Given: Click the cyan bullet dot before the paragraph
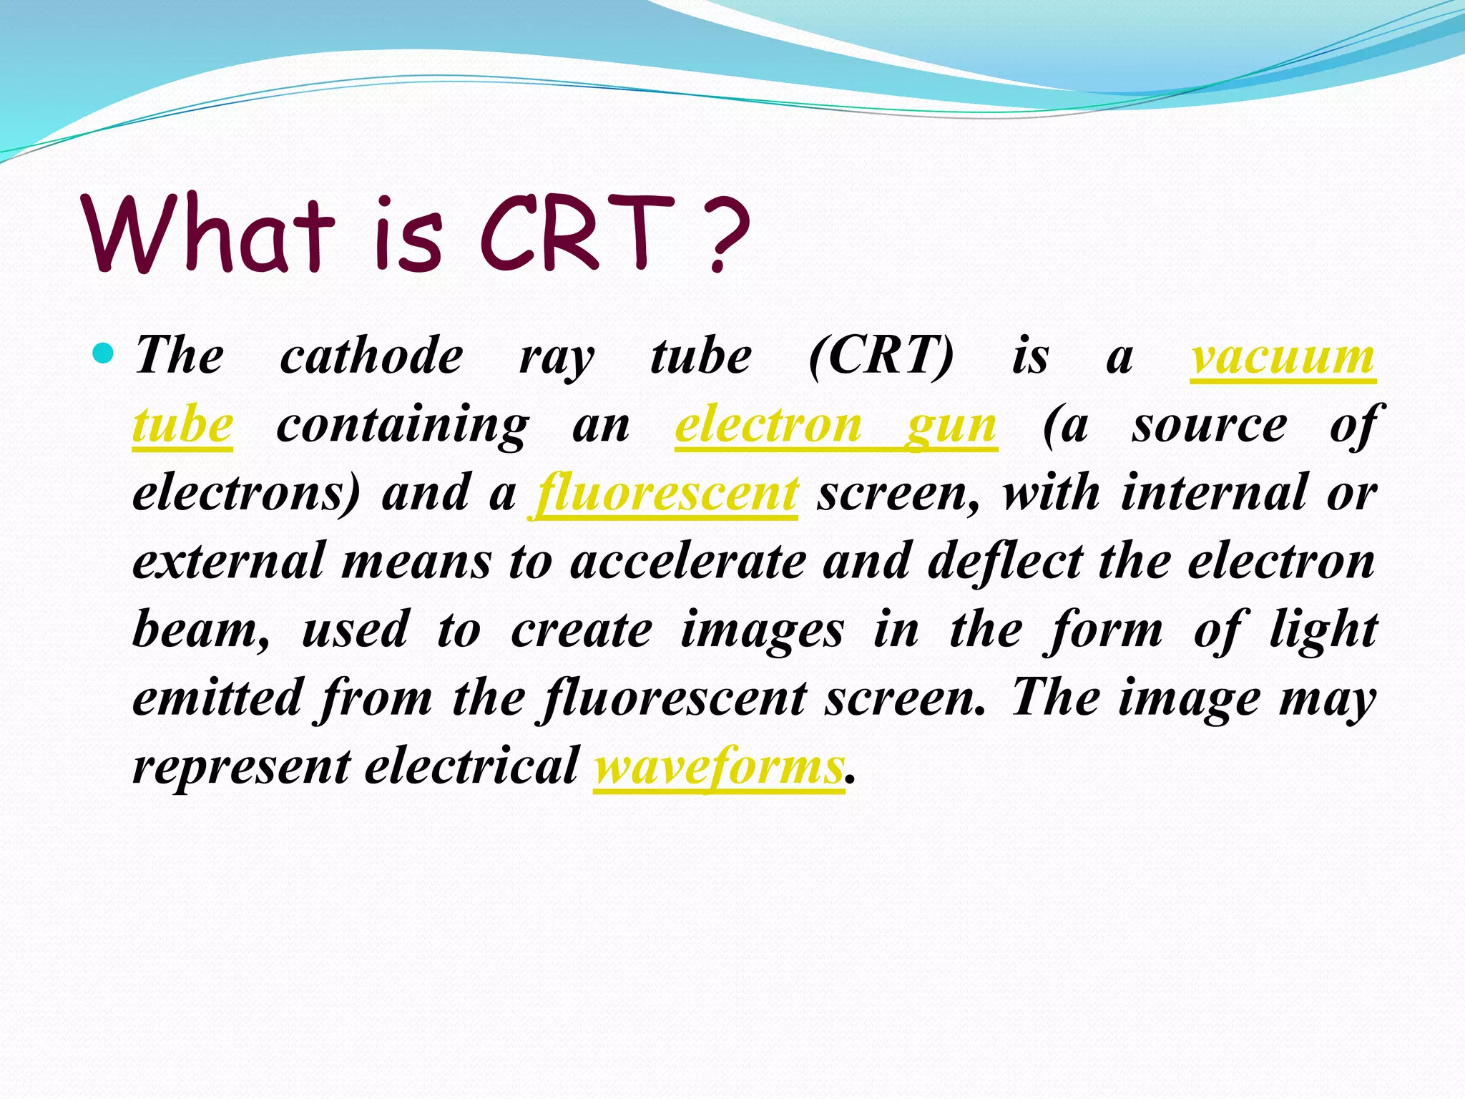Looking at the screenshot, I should point(104,353).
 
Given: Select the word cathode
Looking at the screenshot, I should point(371,356).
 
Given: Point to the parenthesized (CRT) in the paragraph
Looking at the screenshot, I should point(881,356).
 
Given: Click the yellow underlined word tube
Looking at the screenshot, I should point(183,425).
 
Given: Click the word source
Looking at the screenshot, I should point(1210,425).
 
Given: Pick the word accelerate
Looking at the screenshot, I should point(688,561).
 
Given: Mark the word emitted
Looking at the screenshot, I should point(217,698).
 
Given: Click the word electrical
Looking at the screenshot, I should point(471,766).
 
